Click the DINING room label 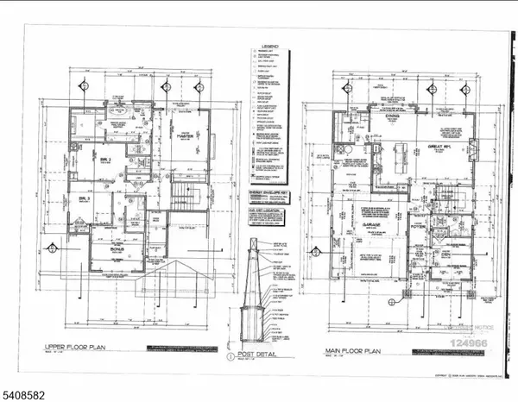pos(389,122)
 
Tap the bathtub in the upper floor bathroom pos(118,113)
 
